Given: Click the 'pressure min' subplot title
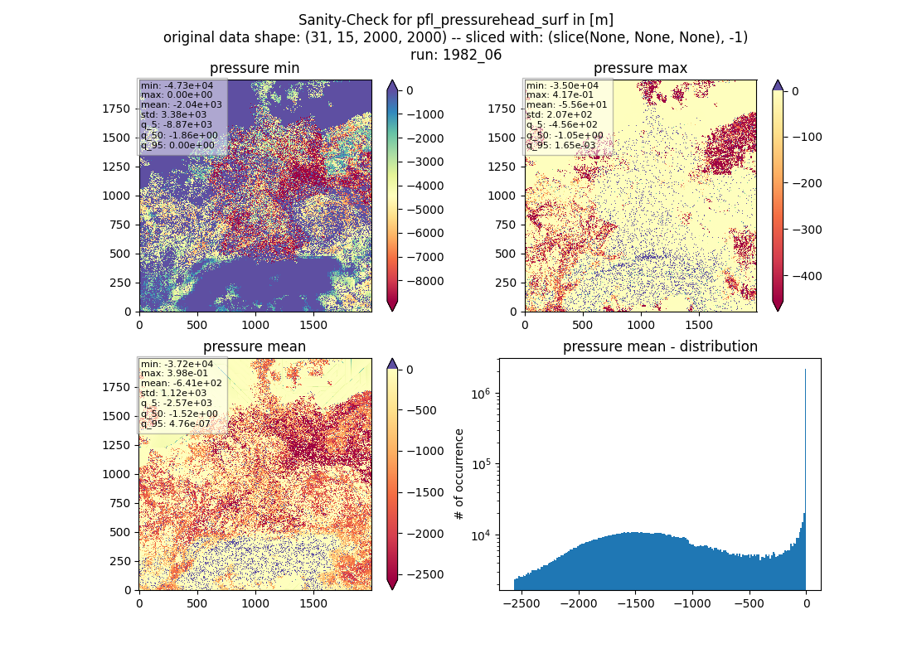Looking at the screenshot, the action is click(x=255, y=68).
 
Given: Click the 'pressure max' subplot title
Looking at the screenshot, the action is click(x=640, y=68).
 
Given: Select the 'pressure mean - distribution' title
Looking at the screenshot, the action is click(x=660, y=346).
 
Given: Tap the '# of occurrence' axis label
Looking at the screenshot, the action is click(x=459, y=475).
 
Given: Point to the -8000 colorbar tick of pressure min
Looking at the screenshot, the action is click(x=426, y=281).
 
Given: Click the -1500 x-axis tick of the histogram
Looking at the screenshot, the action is click(x=636, y=603).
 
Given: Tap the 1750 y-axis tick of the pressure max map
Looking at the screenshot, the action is click(x=502, y=109).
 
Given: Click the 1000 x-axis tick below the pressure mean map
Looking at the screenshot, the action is click(x=255, y=603).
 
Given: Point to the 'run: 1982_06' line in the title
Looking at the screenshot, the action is click(x=455, y=55).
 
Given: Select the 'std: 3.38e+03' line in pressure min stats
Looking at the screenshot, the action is click(x=174, y=114).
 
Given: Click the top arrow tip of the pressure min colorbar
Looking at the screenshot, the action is click(x=393, y=80).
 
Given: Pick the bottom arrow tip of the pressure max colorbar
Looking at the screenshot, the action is click(x=778, y=311).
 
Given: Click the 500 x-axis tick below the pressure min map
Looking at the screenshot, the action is click(x=197, y=325).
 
